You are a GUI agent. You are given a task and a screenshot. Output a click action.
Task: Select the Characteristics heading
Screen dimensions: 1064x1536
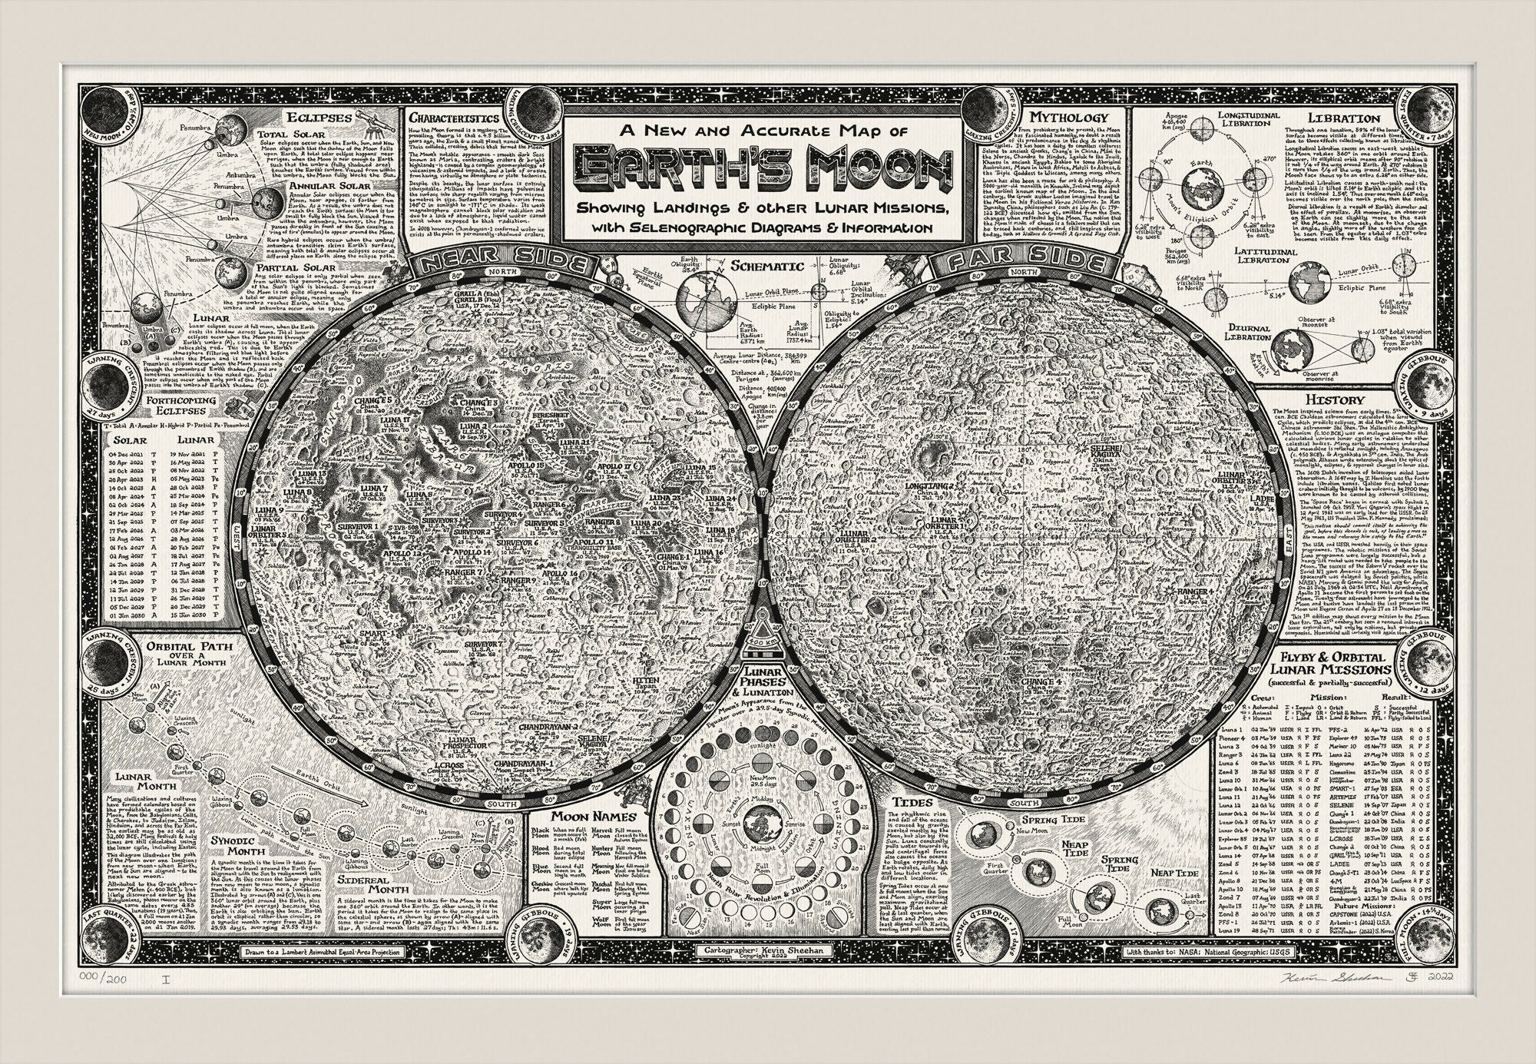click(x=453, y=119)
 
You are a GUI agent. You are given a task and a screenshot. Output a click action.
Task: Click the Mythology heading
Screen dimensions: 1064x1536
click(x=1068, y=118)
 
